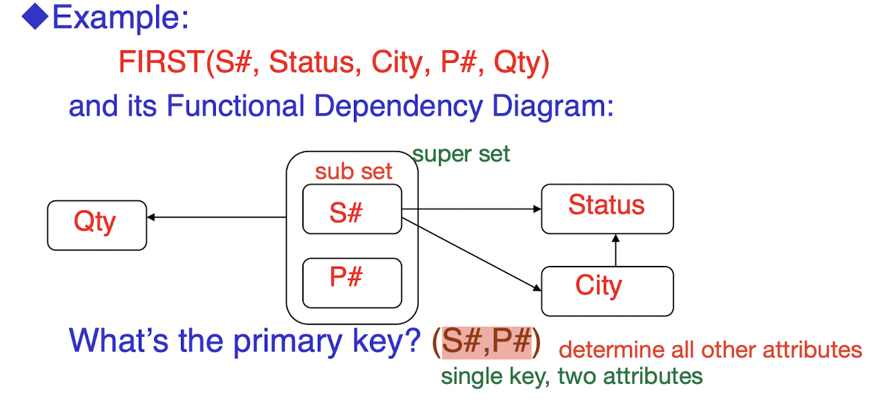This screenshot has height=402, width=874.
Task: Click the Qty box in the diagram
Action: tap(97, 225)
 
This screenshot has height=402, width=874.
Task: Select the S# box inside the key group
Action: tap(352, 209)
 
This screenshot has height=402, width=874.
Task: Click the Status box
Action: tap(607, 208)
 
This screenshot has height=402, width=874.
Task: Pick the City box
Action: tap(607, 291)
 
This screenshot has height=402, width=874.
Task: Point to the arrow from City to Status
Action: tap(615, 251)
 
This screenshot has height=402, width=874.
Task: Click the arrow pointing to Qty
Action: tap(214, 217)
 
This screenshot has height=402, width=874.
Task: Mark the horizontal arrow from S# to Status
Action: tap(469, 209)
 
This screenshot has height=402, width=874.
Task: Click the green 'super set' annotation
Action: tap(461, 155)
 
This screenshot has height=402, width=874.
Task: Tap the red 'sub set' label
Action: tap(353, 172)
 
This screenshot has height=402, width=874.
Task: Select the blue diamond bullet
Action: tap(34, 17)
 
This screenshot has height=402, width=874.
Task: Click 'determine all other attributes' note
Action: tap(710, 350)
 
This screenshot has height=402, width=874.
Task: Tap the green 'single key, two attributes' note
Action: tap(571, 377)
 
